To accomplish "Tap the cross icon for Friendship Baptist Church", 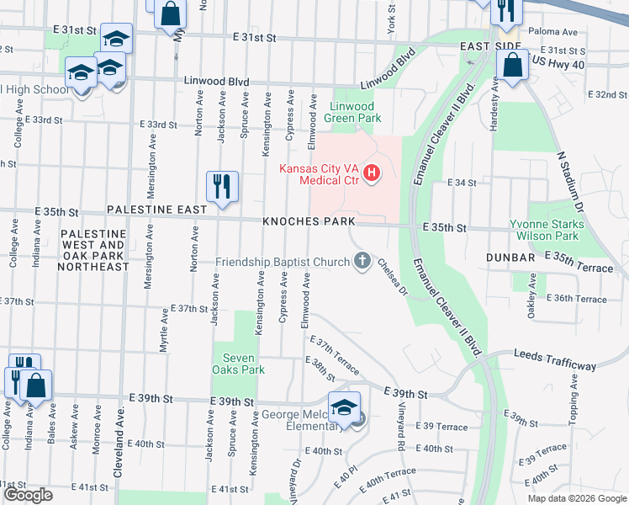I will (362, 262).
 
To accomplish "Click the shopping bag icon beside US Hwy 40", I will (511, 65).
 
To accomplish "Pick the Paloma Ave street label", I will (553, 32).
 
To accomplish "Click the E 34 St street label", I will (462, 182).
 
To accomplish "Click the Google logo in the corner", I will (29, 495).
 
